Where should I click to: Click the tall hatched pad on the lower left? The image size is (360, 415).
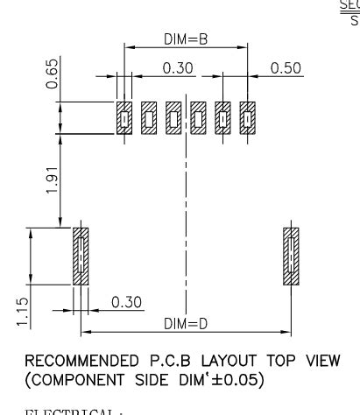pyautogui.click(x=81, y=257)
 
